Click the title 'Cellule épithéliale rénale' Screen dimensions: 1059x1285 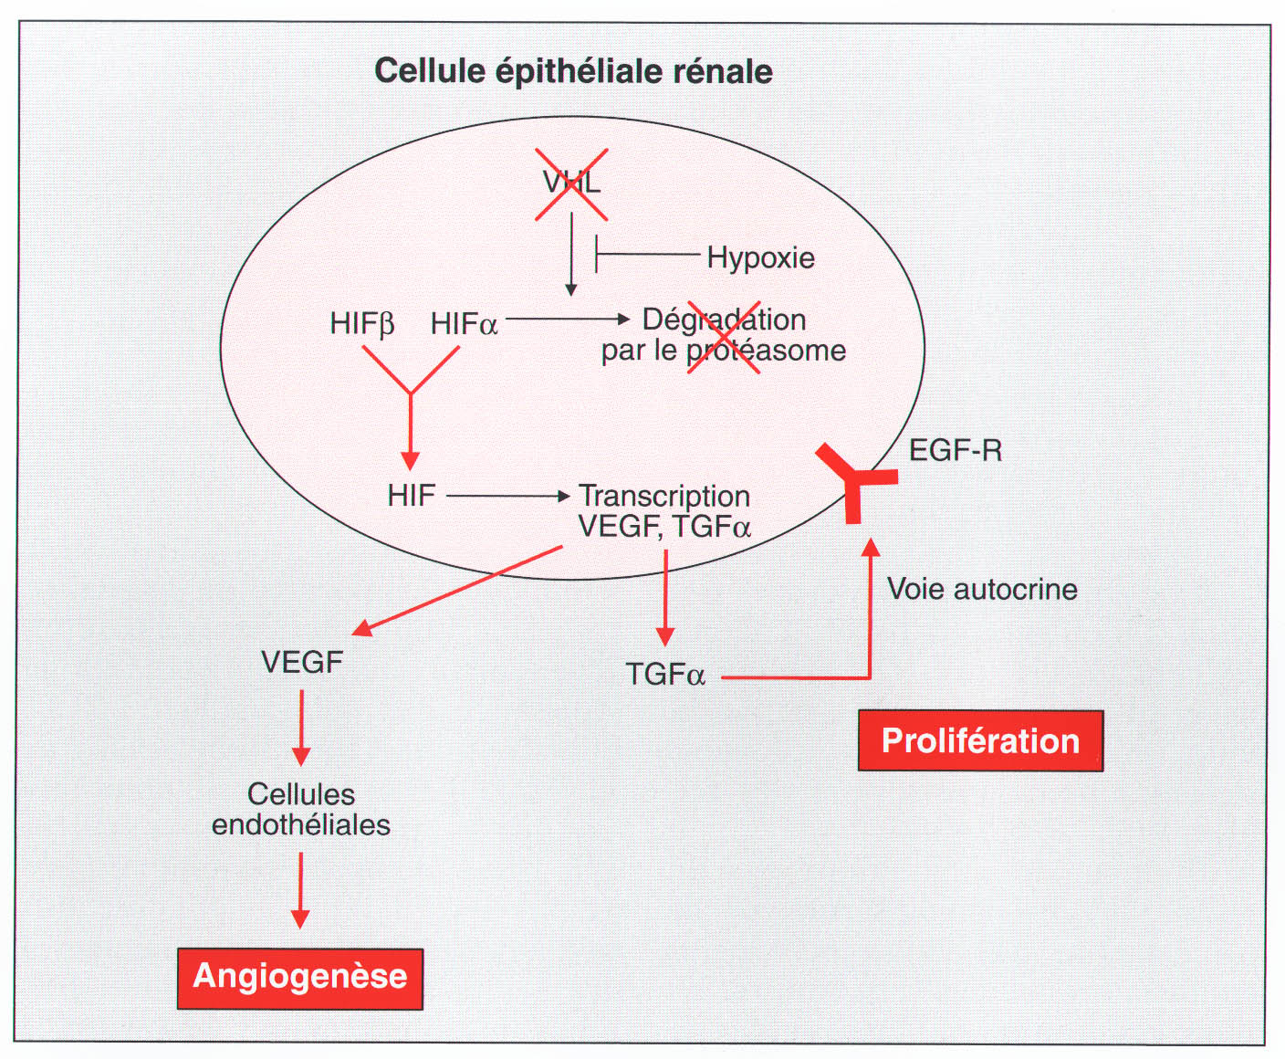click(x=573, y=71)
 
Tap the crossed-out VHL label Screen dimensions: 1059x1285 click(x=571, y=183)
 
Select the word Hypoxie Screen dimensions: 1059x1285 click(x=760, y=257)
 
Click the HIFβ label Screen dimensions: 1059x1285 click(x=362, y=324)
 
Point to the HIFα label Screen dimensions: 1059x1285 click(x=464, y=324)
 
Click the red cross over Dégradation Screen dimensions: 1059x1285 click(x=723, y=336)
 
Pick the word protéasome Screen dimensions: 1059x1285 click(x=766, y=351)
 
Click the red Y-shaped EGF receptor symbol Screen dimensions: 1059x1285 click(x=853, y=480)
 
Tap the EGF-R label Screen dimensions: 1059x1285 click(x=956, y=450)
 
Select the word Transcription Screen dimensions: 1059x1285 click(x=664, y=496)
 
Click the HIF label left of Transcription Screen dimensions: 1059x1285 click(x=411, y=496)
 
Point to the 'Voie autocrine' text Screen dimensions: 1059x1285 click(x=982, y=589)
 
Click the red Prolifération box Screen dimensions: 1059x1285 click(x=980, y=740)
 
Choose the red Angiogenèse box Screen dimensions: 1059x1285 click(x=300, y=978)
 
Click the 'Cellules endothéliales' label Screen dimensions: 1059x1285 click(x=301, y=810)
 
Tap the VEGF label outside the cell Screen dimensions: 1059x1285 click(x=302, y=662)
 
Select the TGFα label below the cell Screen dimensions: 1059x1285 click(x=665, y=675)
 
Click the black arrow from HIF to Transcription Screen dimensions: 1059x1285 click(x=507, y=496)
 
